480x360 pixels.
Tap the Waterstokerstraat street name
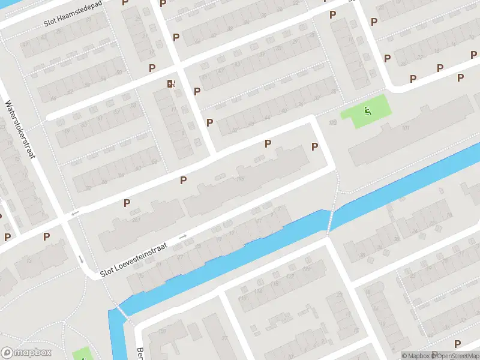tap(20, 130)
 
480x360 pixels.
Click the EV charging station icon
tap(172, 83)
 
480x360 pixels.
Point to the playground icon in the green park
tap(367, 110)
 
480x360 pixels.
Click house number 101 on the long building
tap(406, 128)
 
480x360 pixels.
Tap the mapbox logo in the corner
tap(26, 353)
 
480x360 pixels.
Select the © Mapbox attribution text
tap(416, 356)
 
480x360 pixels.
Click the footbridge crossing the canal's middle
tap(329, 221)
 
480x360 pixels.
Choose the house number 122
tap(290, 276)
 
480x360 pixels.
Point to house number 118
tap(275, 284)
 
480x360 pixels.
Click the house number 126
tap(307, 269)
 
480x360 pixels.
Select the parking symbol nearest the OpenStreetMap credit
tap(458, 343)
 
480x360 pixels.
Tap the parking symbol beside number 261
tap(127, 203)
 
